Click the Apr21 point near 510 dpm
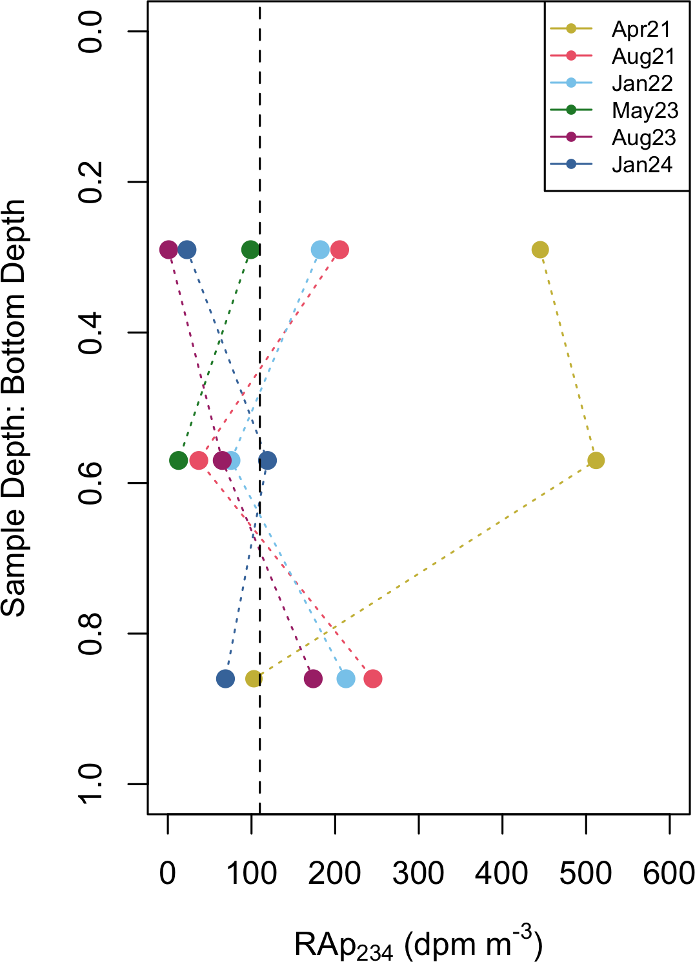[596, 461]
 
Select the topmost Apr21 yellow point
[540, 250]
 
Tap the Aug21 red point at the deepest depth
[372, 679]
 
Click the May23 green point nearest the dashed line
[250, 250]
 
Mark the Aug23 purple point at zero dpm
[168, 250]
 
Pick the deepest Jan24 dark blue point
[225, 679]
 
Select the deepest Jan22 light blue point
[346, 679]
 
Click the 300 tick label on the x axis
[418, 874]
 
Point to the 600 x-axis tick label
[669, 874]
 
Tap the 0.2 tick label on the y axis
[90, 182]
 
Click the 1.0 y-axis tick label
[90, 784]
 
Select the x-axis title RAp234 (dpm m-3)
[418, 943]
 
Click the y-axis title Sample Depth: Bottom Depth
[14, 408]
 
